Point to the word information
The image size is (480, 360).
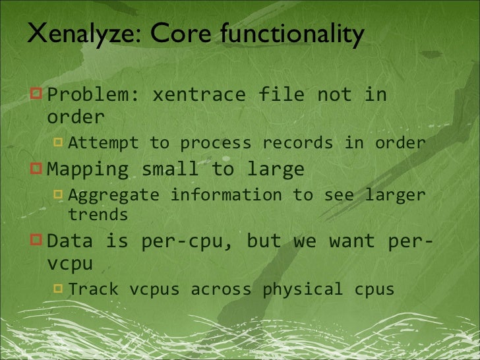226,195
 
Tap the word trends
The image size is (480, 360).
98,215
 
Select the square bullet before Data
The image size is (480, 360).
36,241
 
